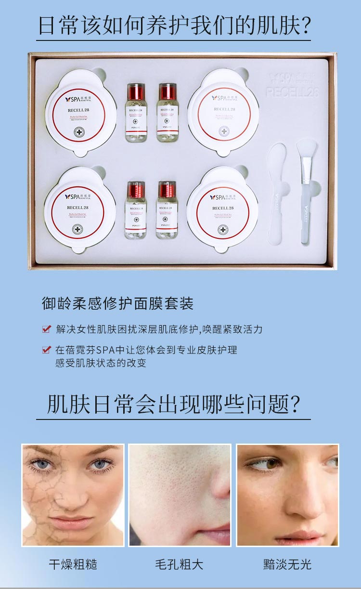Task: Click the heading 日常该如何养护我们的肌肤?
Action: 174,25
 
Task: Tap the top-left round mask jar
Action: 81,112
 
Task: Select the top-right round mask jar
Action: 223,111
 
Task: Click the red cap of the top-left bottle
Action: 136,91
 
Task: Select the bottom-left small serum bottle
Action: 136,210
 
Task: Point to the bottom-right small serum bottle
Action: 167,210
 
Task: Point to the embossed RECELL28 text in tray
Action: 292,92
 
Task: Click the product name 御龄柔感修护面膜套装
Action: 117,303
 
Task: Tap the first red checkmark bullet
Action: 46,329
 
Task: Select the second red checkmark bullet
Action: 46,350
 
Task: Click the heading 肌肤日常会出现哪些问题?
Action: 173,405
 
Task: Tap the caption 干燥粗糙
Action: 73,564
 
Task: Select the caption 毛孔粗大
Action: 179,564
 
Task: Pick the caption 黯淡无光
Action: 287,564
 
